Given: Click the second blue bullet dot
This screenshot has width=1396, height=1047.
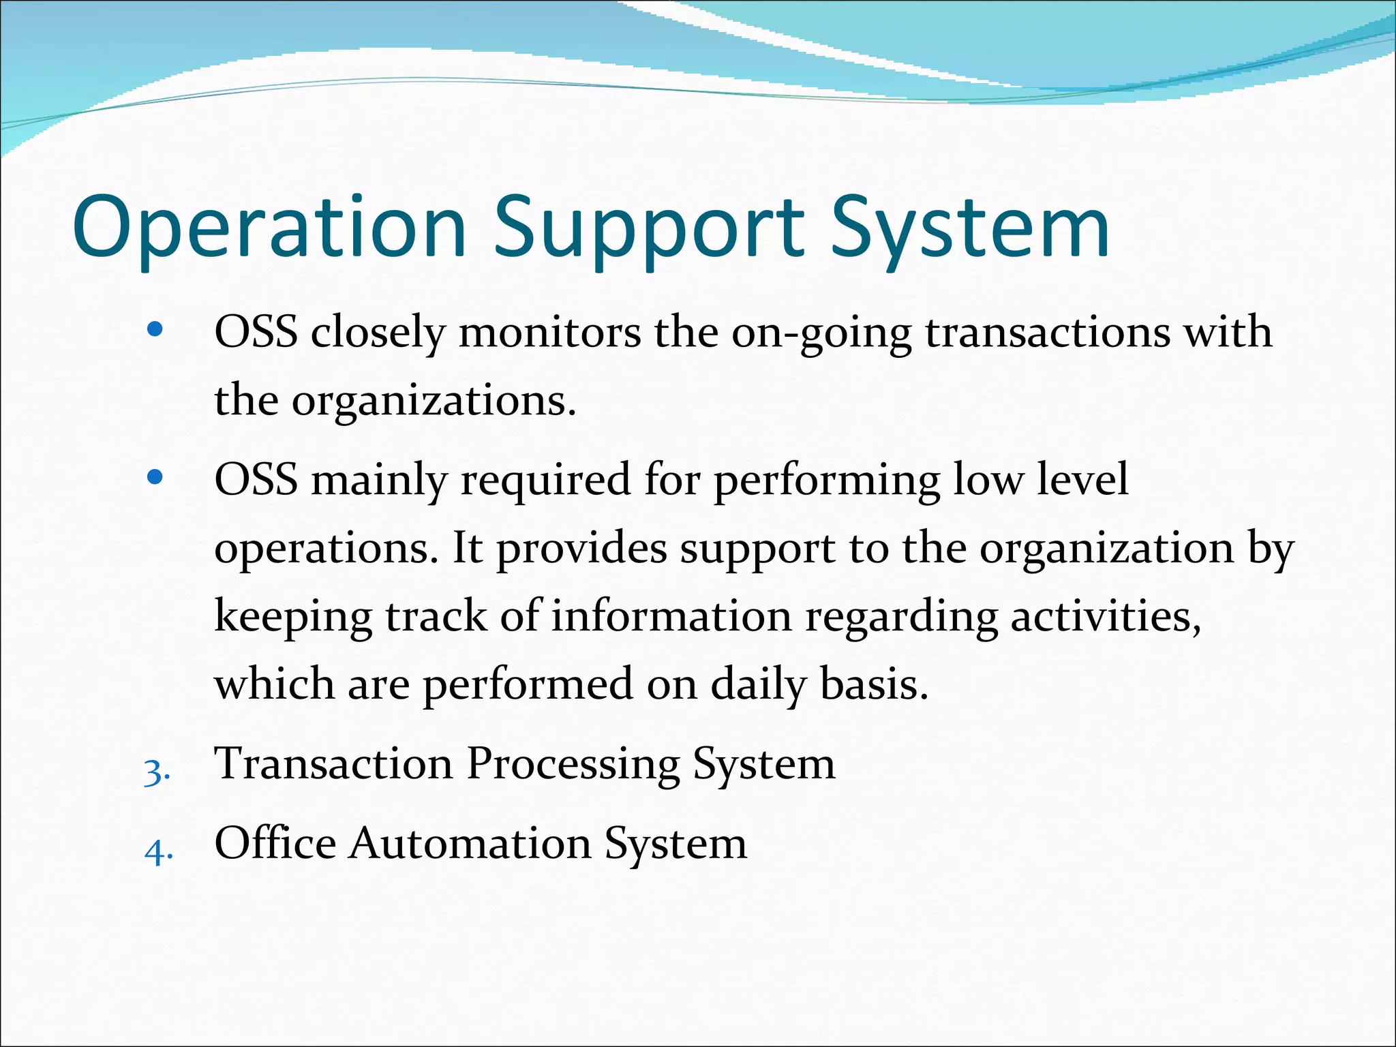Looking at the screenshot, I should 155,478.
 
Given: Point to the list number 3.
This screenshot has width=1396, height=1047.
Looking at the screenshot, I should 157,773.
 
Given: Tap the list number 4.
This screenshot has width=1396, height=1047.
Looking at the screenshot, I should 158,852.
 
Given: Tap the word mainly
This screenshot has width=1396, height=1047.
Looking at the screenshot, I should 378,480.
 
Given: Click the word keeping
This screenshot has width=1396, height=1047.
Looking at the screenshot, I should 293,616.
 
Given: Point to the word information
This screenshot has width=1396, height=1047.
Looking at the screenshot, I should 671,616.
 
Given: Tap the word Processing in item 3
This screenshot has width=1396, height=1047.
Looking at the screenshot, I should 573,763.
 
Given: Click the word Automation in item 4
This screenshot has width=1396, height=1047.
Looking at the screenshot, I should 470,843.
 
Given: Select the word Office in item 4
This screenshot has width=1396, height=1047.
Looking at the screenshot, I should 275,843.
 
